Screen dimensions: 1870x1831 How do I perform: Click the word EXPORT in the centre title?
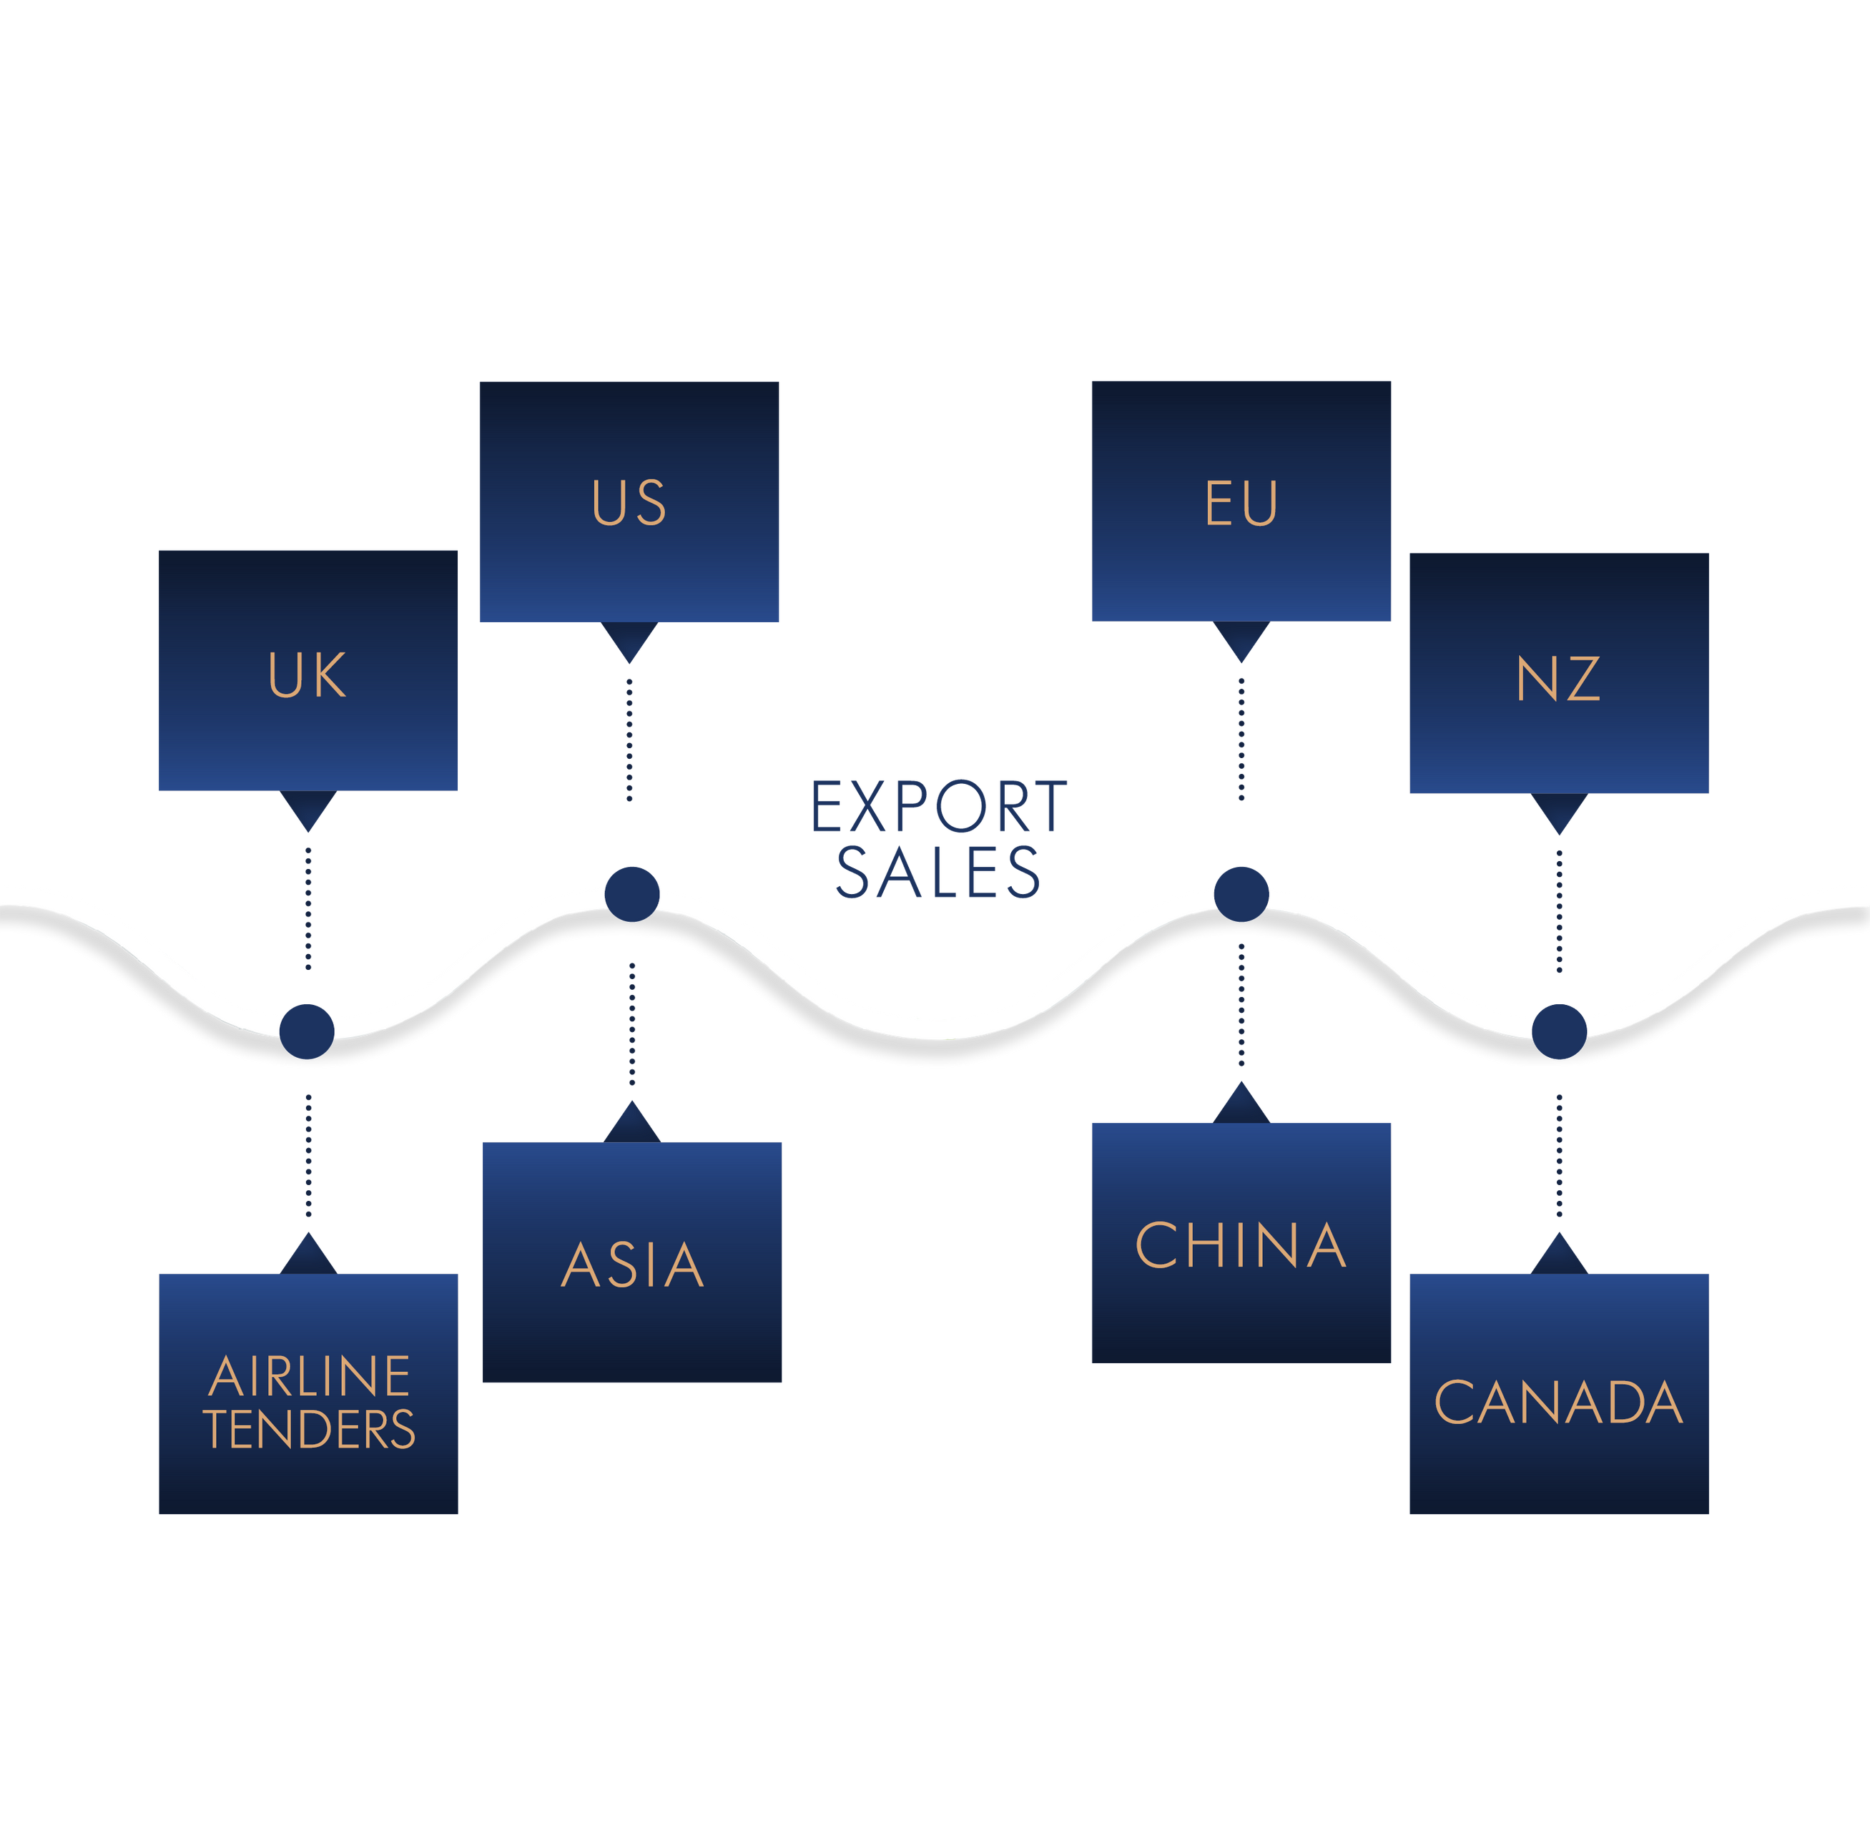coord(938,806)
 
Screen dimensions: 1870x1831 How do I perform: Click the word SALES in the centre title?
coord(938,872)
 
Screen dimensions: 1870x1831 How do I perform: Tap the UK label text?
coord(307,675)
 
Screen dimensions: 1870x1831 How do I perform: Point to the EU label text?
coord(1241,503)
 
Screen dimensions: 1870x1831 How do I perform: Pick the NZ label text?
coord(1558,678)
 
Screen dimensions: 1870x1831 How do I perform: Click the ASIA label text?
coord(633,1265)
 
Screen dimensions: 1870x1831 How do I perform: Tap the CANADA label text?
coord(1558,1402)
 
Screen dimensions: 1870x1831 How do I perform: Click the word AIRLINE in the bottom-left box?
coord(310,1376)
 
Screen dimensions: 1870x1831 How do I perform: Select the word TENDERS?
coord(310,1429)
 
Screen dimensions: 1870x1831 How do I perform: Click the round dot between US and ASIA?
coord(631,894)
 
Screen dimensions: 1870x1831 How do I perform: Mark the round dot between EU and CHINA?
coord(1241,894)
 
